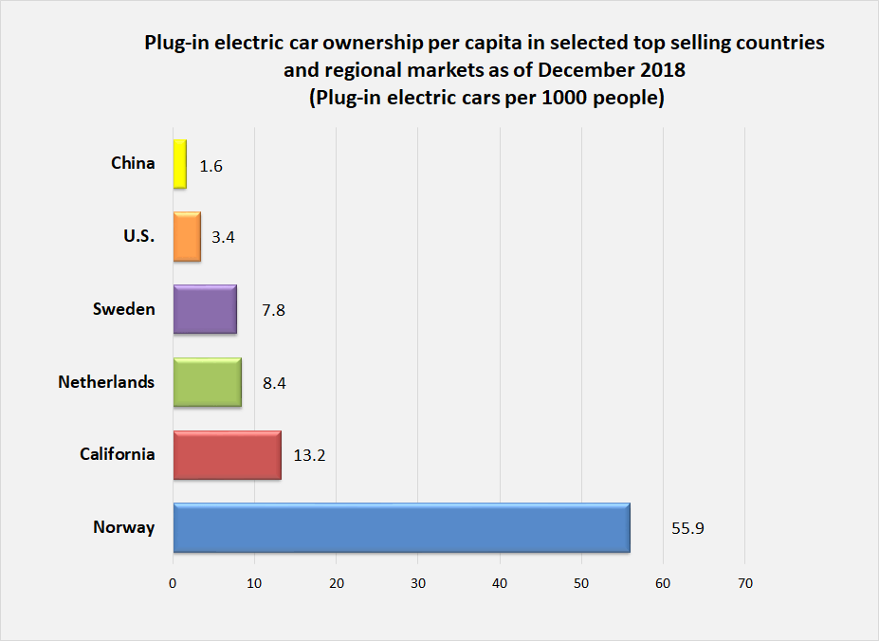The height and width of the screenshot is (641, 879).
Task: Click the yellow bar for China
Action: click(x=180, y=163)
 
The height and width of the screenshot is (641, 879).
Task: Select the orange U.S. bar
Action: click(x=187, y=236)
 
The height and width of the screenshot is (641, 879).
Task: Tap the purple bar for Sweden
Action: click(x=205, y=309)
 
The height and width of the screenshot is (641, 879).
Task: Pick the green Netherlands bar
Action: click(x=208, y=381)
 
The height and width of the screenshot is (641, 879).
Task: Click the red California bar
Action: click(x=228, y=454)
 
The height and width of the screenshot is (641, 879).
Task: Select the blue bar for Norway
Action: click(x=401, y=527)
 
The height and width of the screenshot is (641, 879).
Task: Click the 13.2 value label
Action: click(x=310, y=455)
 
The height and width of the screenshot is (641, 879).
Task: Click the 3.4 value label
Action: click(x=223, y=237)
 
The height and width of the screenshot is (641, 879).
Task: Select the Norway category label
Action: click(x=123, y=527)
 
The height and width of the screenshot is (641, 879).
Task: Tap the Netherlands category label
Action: click(x=106, y=381)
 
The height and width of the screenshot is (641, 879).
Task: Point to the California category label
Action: click(x=117, y=454)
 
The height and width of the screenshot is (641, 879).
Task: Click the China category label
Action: click(x=133, y=163)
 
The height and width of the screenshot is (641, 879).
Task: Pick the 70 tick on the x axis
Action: click(x=744, y=584)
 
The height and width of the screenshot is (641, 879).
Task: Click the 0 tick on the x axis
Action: click(x=173, y=584)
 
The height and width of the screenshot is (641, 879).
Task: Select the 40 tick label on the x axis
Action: click(x=500, y=584)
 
